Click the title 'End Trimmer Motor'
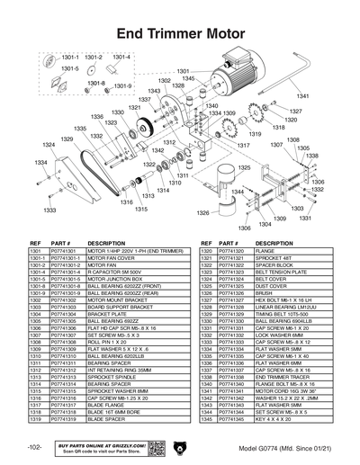(x=180, y=33)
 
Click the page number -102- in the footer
(x=33, y=448)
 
